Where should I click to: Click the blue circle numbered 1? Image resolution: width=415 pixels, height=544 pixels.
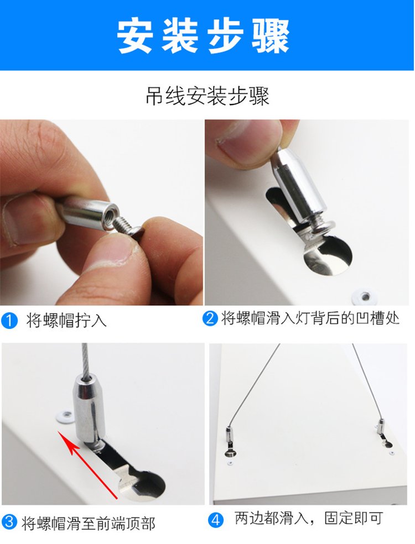pos(9,321)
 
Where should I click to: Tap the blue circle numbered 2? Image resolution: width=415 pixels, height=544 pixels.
pos(210,318)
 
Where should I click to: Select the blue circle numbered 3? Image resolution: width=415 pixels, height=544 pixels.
pos(9,522)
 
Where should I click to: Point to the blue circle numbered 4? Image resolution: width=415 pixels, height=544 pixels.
pos(216,519)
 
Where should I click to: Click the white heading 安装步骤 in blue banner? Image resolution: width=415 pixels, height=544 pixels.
pos(204,36)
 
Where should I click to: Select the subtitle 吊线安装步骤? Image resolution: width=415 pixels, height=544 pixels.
pos(207,96)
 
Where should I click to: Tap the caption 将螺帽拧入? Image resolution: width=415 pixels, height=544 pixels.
pos(66,321)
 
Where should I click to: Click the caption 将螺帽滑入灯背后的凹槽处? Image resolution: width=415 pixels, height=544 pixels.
pos(310,318)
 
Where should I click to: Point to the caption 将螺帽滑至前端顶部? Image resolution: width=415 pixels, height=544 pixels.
pos(89,523)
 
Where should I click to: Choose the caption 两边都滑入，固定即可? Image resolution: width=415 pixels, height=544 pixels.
pos(309,519)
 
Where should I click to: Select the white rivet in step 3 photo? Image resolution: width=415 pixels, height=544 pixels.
pos(65,414)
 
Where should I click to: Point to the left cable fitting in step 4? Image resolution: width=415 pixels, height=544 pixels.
pos(230,436)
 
